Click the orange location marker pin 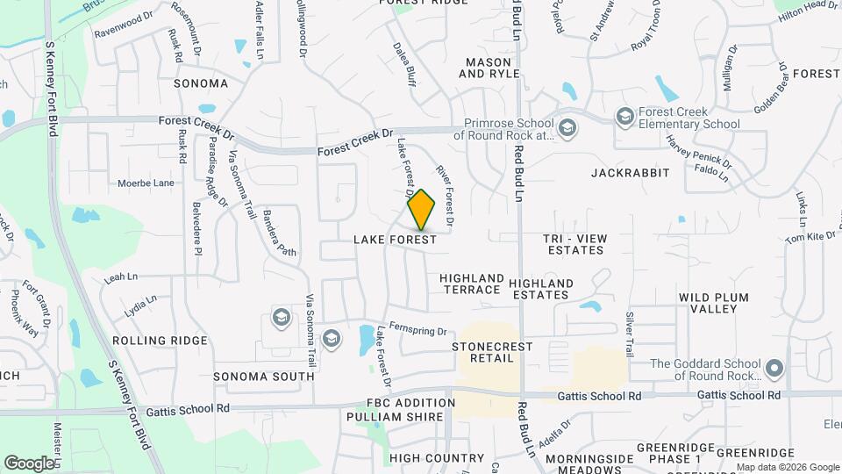click(422, 209)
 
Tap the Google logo click(29, 463)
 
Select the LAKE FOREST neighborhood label click(395, 240)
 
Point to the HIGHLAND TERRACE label click(473, 284)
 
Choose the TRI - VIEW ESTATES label click(574, 244)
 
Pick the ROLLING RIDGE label click(160, 341)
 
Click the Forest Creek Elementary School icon click(624, 116)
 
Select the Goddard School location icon click(774, 370)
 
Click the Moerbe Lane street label click(146, 183)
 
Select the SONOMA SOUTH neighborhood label click(264, 377)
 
